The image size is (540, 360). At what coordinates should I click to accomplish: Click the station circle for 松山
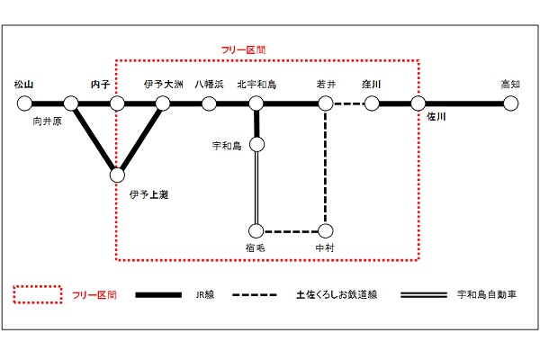24,103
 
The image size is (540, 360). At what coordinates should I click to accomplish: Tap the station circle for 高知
510,103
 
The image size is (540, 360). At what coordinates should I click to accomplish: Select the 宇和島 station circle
256,144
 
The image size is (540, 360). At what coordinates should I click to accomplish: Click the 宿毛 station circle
256,231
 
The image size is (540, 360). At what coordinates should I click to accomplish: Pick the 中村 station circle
326,231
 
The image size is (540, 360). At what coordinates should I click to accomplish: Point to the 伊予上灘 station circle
117,175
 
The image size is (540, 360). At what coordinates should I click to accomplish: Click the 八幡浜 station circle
209,103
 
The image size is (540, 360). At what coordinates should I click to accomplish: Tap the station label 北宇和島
256,85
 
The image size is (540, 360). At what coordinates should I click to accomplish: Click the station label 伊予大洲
164,85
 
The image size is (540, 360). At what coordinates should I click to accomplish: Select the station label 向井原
47,121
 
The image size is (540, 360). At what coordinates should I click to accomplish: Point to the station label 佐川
436,117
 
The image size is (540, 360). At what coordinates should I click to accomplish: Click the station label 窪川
371,85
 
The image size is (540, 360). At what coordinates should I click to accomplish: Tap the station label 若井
326,85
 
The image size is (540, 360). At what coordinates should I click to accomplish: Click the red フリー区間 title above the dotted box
243,50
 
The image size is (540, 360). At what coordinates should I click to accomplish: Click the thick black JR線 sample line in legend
158,295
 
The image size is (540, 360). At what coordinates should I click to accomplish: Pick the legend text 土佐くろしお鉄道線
337,295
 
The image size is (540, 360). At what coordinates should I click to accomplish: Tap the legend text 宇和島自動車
487,295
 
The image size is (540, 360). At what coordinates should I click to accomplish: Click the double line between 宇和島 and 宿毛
256,188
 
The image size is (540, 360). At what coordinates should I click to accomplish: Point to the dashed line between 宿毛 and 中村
291,231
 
